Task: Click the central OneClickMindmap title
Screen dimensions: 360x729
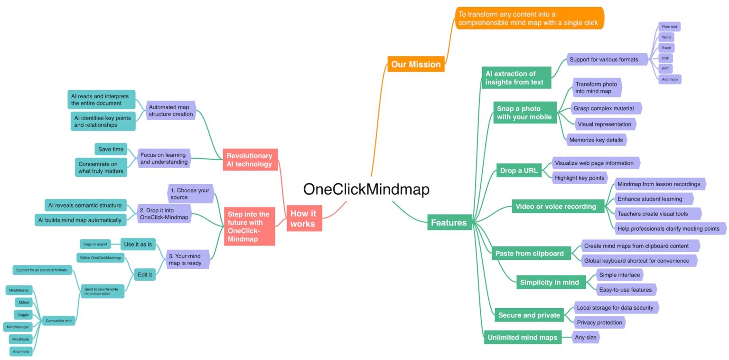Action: [x=366, y=189]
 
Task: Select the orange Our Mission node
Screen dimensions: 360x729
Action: [x=416, y=64]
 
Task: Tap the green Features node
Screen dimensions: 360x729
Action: [x=449, y=222]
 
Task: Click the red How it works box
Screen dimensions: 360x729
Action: [x=304, y=218]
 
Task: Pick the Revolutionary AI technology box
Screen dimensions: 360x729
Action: [x=250, y=160]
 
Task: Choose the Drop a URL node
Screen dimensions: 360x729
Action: [x=519, y=171]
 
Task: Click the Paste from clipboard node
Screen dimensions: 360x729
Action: [x=529, y=253]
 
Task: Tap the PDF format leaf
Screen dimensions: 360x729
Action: [x=665, y=58]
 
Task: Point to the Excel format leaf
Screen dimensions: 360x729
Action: [x=666, y=48]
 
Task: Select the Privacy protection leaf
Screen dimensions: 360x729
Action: [x=599, y=322]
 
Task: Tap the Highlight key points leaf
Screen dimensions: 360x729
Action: [x=579, y=178]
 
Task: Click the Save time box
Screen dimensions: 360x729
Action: [x=111, y=149]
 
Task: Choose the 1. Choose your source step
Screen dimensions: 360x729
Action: [x=190, y=194]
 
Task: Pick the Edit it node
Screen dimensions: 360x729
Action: [x=145, y=275]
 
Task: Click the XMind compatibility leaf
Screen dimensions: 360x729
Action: [x=24, y=302]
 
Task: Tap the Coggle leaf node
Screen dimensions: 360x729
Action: [x=23, y=314]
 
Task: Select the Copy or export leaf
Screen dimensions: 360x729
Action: [x=95, y=244]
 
